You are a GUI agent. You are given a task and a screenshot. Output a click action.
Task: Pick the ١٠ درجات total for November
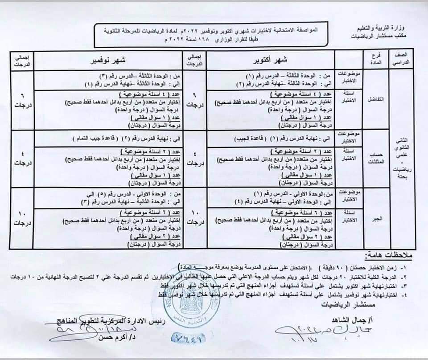pyautogui.click(x=21, y=218)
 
